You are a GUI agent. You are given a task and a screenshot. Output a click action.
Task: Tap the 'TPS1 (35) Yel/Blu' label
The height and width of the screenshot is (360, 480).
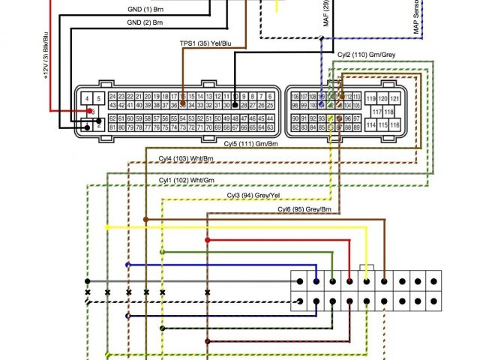coord(205,44)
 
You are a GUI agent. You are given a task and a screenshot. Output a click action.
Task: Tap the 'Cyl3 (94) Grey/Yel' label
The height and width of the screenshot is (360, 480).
coord(253,195)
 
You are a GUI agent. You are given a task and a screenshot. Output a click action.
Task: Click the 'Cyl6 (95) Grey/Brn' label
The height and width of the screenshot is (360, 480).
coord(304,208)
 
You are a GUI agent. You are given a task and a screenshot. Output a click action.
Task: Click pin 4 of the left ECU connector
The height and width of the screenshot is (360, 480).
coord(88,98)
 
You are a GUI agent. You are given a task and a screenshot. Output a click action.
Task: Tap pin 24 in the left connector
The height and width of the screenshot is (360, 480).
coord(112,97)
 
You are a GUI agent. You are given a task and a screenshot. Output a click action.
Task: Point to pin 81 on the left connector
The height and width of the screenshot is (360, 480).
coord(112,127)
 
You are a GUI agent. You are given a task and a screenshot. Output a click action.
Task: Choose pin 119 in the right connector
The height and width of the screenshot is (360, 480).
coord(370,99)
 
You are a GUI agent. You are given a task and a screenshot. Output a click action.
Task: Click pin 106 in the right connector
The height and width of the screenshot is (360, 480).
coord(294,97)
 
